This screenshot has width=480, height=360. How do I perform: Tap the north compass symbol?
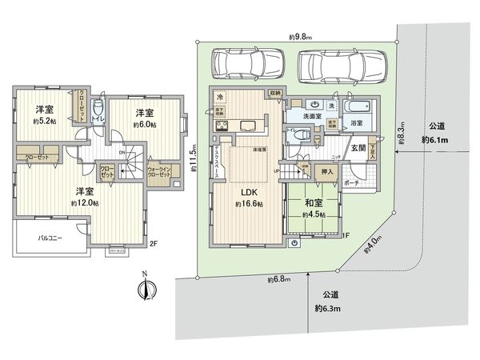click(144, 288)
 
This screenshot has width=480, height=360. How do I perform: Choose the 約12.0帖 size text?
click(84, 203)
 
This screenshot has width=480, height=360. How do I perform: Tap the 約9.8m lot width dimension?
click(300, 36)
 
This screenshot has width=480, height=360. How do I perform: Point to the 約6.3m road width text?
click(328, 308)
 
